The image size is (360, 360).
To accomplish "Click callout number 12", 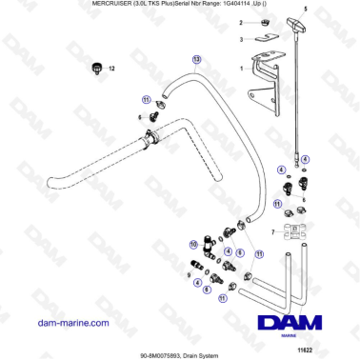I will tap(110, 69).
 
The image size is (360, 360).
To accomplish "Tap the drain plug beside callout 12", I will tap(95, 68).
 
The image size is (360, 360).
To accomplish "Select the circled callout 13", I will tap(196, 59).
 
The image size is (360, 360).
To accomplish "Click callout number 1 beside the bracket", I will tap(242, 69).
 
